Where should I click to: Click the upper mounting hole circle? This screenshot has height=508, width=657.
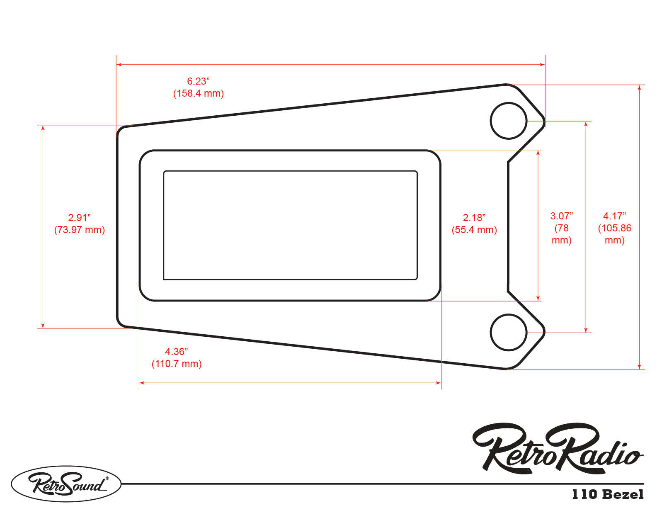508,121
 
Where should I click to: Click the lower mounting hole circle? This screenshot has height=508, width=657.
508,332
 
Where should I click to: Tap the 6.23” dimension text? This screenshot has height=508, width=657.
198,81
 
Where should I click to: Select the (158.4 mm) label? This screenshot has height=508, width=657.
198,93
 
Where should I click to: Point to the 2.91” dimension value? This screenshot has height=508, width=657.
79,218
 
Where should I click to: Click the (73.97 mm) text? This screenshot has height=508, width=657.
79,230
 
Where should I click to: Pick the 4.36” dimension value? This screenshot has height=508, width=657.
176,352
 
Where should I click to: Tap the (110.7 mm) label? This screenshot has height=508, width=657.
176,364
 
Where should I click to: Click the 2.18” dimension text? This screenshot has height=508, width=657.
474,218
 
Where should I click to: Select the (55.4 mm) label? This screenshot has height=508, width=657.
474,230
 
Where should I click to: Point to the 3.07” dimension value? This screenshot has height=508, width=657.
561,216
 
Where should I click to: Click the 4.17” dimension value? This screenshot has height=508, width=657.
614,216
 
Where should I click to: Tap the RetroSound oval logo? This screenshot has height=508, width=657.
66,484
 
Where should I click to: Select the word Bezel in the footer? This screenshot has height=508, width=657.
623,494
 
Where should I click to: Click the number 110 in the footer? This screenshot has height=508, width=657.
584,494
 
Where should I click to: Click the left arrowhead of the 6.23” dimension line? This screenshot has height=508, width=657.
119,65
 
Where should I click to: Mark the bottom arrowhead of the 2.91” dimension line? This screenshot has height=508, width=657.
43,326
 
